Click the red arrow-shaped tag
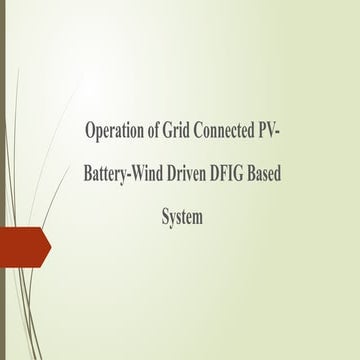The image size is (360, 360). click(22, 247)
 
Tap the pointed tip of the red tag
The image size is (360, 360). click(50, 247)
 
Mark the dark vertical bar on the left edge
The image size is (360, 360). click(3, 180)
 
